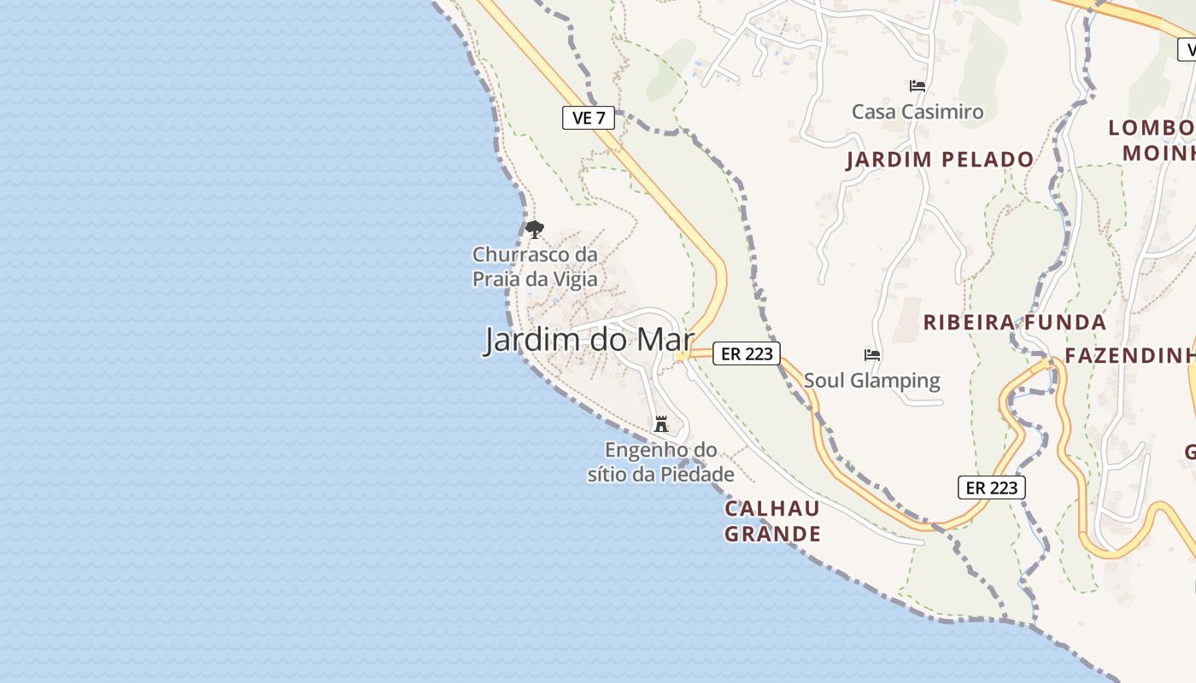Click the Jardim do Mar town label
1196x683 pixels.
click(589, 340)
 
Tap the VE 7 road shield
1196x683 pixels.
click(589, 118)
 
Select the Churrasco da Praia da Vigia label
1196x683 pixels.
click(535, 266)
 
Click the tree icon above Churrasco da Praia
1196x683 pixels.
click(535, 229)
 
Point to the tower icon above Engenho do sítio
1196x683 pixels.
click(660, 423)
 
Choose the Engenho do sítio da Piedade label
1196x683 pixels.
click(660, 462)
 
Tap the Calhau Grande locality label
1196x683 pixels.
click(772, 522)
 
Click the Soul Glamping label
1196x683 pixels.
click(871, 380)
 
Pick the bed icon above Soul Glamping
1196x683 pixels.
click(872, 354)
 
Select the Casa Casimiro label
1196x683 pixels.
click(918, 112)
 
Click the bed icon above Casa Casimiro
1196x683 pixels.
click(918, 85)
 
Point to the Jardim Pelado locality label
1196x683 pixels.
click(940, 160)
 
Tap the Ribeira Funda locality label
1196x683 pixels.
click(1015, 323)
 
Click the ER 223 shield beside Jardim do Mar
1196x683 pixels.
click(747, 353)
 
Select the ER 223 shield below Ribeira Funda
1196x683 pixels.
click(991, 487)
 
